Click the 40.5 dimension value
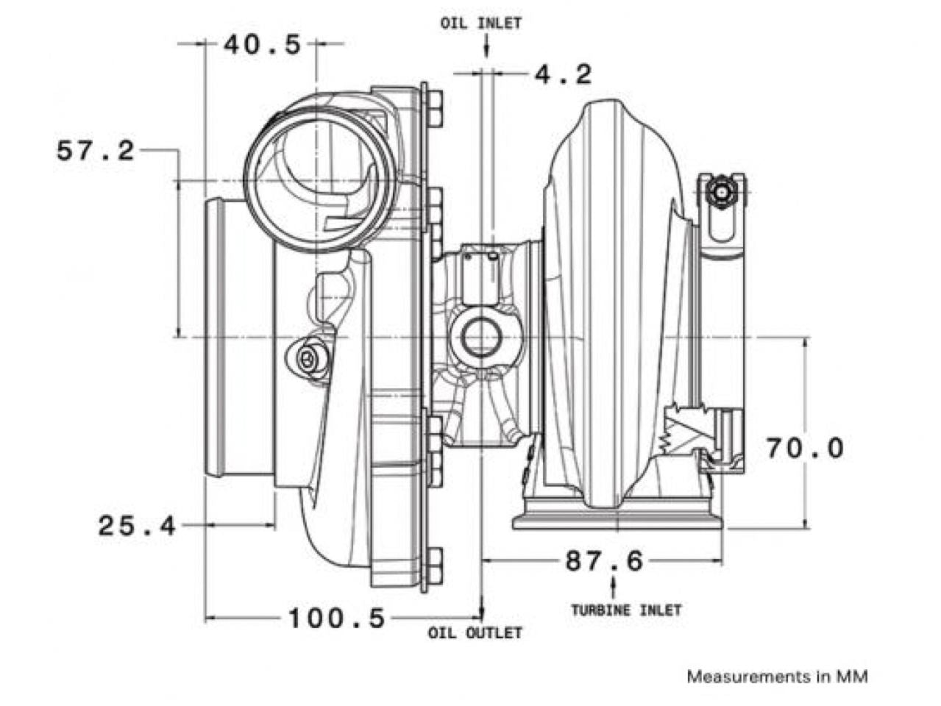coord(263,45)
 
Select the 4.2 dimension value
coord(563,74)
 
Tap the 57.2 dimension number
coord(96,151)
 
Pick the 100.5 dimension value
coord(335,618)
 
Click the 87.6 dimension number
coord(603,561)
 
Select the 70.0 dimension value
coord(805,447)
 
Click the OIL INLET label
coord(480,23)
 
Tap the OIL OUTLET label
coord(475,632)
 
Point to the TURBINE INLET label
coord(626,610)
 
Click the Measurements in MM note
coord(777,676)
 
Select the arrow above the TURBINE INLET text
coord(614,587)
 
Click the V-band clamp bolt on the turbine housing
coord(721,193)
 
